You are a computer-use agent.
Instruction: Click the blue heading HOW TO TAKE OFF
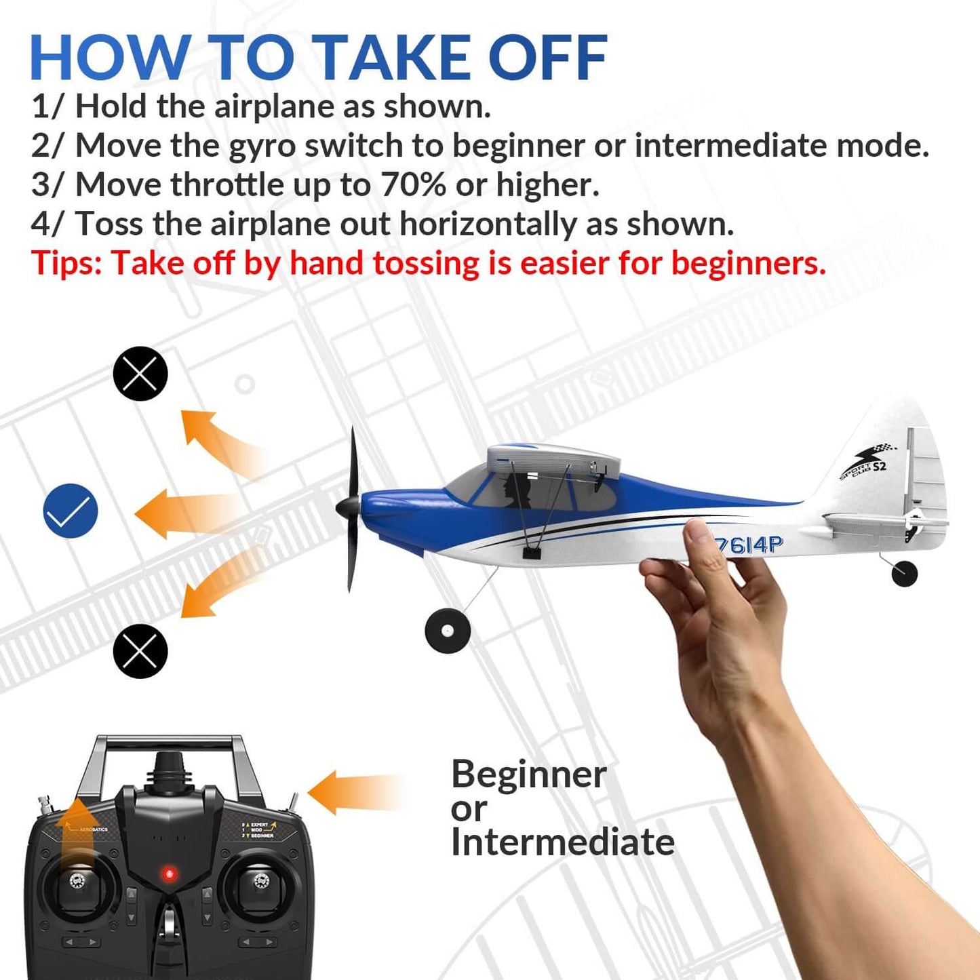click(x=318, y=58)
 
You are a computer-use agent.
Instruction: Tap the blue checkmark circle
click(x=71, y=511)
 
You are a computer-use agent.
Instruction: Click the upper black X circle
click(x=140, y=374)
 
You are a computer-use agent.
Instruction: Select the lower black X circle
click(x=140, y=651)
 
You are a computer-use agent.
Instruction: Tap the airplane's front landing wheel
click(x=448, y=631)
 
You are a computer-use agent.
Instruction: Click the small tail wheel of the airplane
click(x=904, y=573)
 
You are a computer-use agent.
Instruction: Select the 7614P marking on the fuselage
click(x=749, y=544)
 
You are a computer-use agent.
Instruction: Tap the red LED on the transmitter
click(x=170, y=874)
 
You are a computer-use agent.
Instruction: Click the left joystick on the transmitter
click(x=76, y=881)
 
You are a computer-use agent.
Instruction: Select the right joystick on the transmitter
click(x=260, y=881)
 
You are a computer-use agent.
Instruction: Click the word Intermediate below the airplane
click(x=562, y=842)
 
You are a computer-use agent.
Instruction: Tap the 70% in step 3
click(x=413, y=184)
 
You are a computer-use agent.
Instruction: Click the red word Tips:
click(x=66, y=263)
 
